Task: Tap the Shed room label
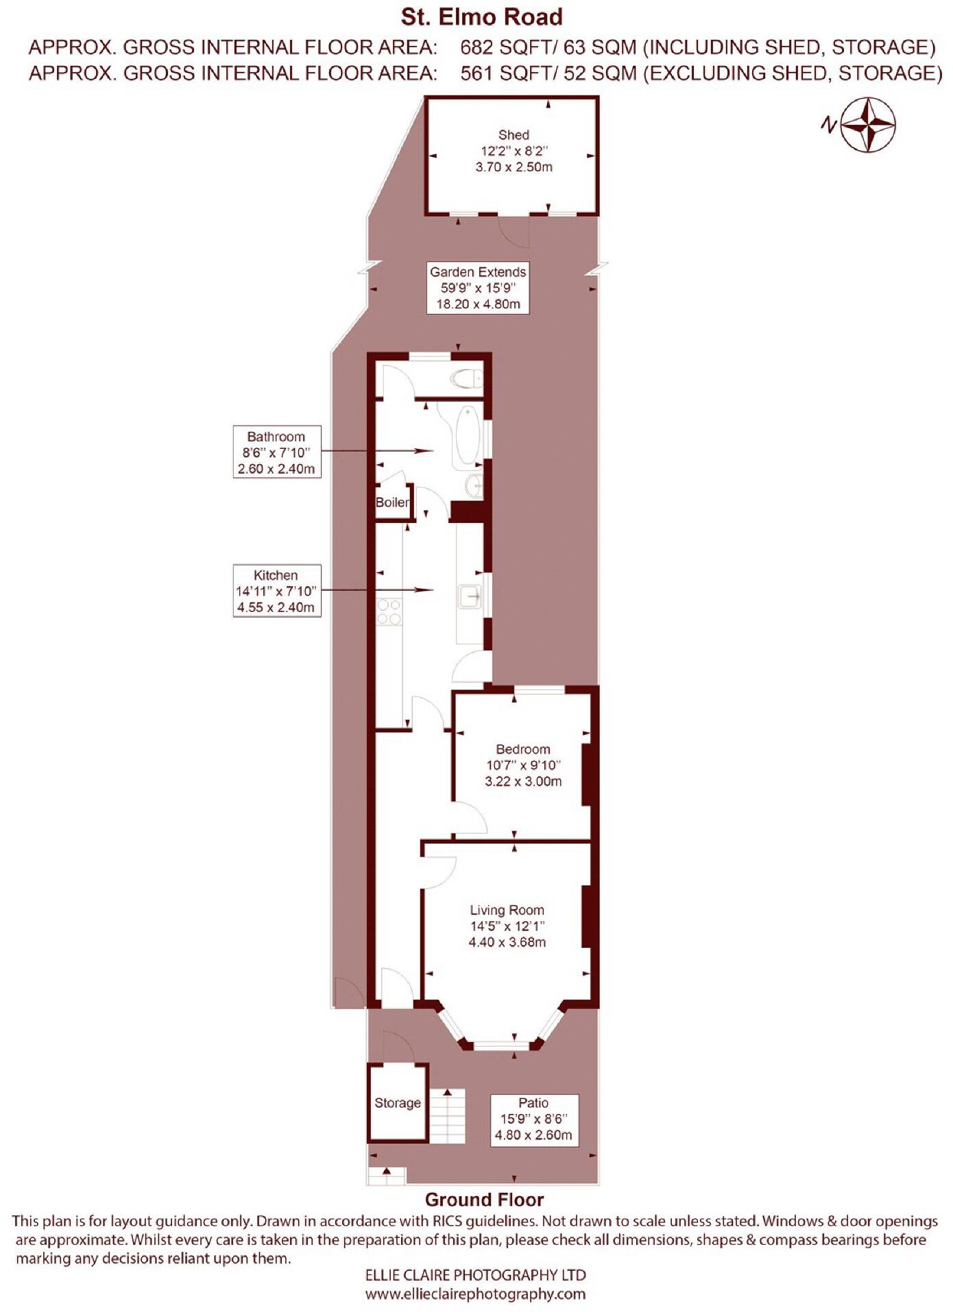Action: click(x=514, y=135)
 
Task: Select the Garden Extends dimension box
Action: click(x=478, y=288)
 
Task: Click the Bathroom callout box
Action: click(x=276, y=452)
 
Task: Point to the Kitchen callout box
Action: click(x=276, y=591)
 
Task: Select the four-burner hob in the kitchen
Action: click(x=389, y=611)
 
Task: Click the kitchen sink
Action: click(x=470, y=598)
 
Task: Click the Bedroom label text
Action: click(x=523, y=749)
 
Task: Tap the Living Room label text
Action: click(x=507, y=910)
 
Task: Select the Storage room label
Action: click(x=398, y=1103)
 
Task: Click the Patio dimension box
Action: click(x=533, y=1119)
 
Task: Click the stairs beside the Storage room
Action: click(x=447, y=1115)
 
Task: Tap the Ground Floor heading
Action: click(x=484, y=1200)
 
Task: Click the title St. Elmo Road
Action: click(x=481, y=16)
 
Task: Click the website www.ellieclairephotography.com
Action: click(x=476, y=1294)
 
